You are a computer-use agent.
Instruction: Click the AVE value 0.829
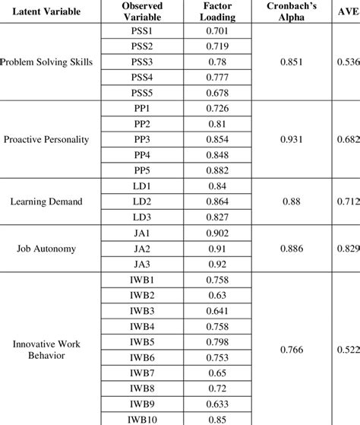tap(346, 247)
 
